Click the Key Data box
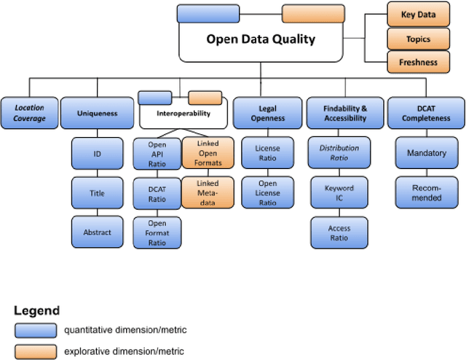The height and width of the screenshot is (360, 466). (418, 15)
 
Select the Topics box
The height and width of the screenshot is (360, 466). (418, 39)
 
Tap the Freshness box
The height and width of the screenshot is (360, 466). (418, 62)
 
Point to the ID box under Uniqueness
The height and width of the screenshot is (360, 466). (97, 154)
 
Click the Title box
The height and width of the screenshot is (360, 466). (97, 193)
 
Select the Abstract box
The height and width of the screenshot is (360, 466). (97, 232)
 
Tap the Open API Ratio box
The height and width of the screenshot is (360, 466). (157, 154)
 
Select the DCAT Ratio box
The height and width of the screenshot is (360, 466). (157, 193)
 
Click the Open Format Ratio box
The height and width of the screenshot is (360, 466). (157, 232)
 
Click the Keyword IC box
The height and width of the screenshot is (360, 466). (339, 193)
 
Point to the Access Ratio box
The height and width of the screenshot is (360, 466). (339, 232)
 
